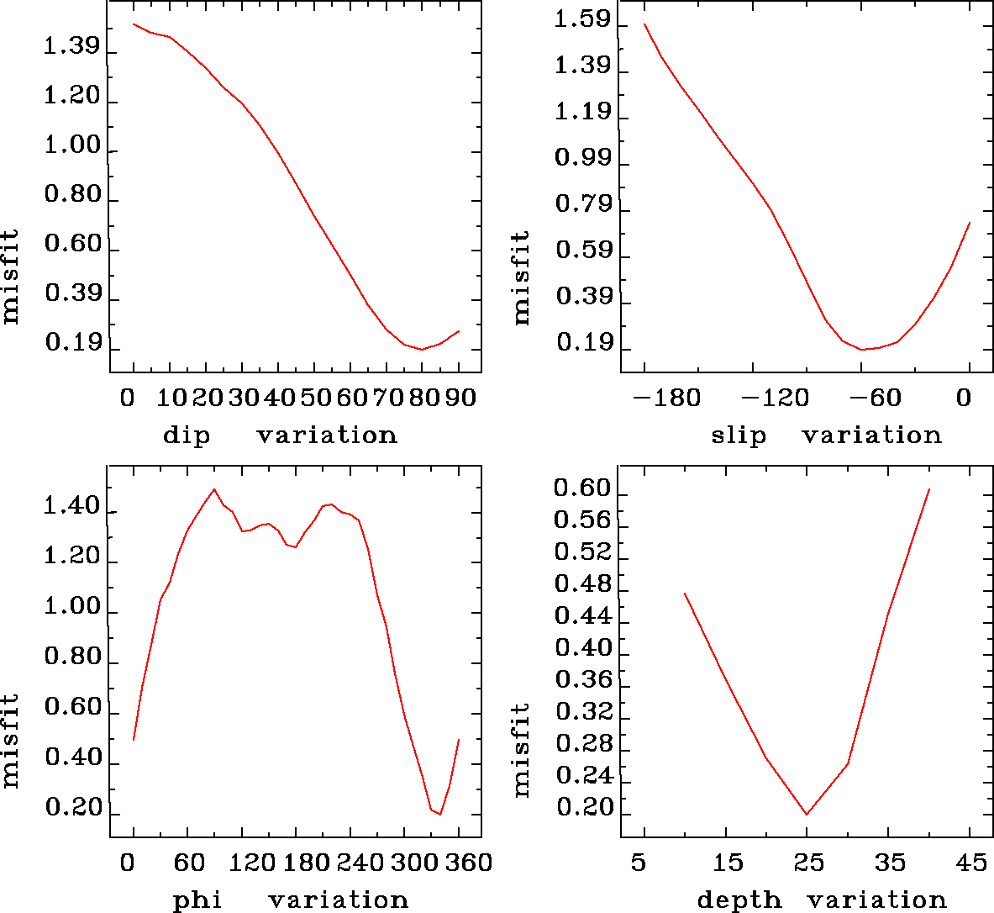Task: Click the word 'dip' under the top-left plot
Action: (x=187, y=435)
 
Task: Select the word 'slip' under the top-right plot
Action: (x=739, y=435)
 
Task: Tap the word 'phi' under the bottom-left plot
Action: (x=197, y=900)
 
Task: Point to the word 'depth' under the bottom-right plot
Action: (x=739, y=900)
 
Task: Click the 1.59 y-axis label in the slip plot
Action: (x=581, y=19)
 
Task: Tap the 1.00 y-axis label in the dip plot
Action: (x=71, y=146)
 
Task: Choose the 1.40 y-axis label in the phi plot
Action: (x=71, y=507)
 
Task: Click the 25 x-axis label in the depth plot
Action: (x=807, y=862)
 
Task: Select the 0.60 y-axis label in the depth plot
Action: (x=581, y=488)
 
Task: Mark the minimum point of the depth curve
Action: (x=807, y=814)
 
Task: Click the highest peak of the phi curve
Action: (x=214, y=489)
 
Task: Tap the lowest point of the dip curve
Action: (x=422, y=349)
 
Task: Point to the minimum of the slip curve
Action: (x=862, y=349)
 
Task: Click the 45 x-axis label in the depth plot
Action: (x=970, y=862)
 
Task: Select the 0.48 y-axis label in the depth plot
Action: (x=581, y=584)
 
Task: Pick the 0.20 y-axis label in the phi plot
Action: (x=71, y=808)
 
